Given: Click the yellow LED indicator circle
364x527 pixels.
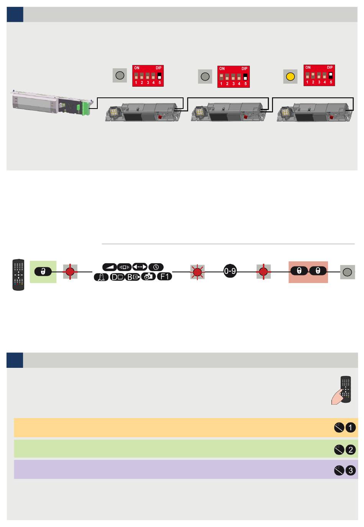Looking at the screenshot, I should tap(290, 76).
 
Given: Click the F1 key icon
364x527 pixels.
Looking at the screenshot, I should tap(165, 276).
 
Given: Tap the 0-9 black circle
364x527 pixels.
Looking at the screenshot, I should tap(230, 272).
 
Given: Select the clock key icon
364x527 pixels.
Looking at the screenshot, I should tap(156, 267).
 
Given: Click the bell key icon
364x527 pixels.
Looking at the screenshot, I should tap(102, 277).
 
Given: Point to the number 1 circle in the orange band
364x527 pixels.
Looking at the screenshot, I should tap(351, 427).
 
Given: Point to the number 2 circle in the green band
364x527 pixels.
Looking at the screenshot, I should tap(351, 450).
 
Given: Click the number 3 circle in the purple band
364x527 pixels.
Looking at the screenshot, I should tap(351, 470).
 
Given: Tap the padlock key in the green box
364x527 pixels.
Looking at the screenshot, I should tap(43, 272).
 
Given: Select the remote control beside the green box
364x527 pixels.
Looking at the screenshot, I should tap(18, 275).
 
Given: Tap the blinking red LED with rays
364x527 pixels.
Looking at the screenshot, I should tap(197, 272).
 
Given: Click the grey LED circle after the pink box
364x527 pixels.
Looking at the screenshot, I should tap(347, 272).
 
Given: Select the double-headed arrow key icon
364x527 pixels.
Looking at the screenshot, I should tap(140, 267).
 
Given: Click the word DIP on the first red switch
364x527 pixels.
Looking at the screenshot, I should tap(159, 68).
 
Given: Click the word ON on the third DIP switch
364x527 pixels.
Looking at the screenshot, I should tap(308, 68).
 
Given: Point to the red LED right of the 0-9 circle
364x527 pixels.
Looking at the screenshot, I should tap(263, 272).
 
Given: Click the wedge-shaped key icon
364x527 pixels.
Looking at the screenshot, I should tap(110, 267).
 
